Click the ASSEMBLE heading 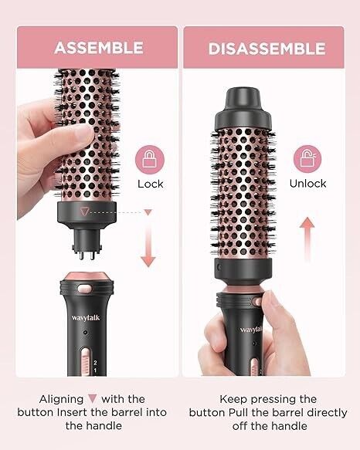tap(99, 48)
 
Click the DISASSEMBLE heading tap(267, 49)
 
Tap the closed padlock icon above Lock tap(149, 160)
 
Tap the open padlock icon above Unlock tap(307, 159)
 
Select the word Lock tap(151, 184)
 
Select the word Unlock tap(307, 184)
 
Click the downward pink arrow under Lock tap(148, 239)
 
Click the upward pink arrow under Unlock tap(307, 239)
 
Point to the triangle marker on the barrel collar tap(84, 211)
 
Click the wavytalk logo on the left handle tap(86, 317)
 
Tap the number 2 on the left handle tap(95, 363)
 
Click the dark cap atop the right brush tap(243, 108)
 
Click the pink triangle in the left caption tap(93, 399)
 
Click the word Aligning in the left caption tap(61, 400)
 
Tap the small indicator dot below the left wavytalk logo tap(85, 333)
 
